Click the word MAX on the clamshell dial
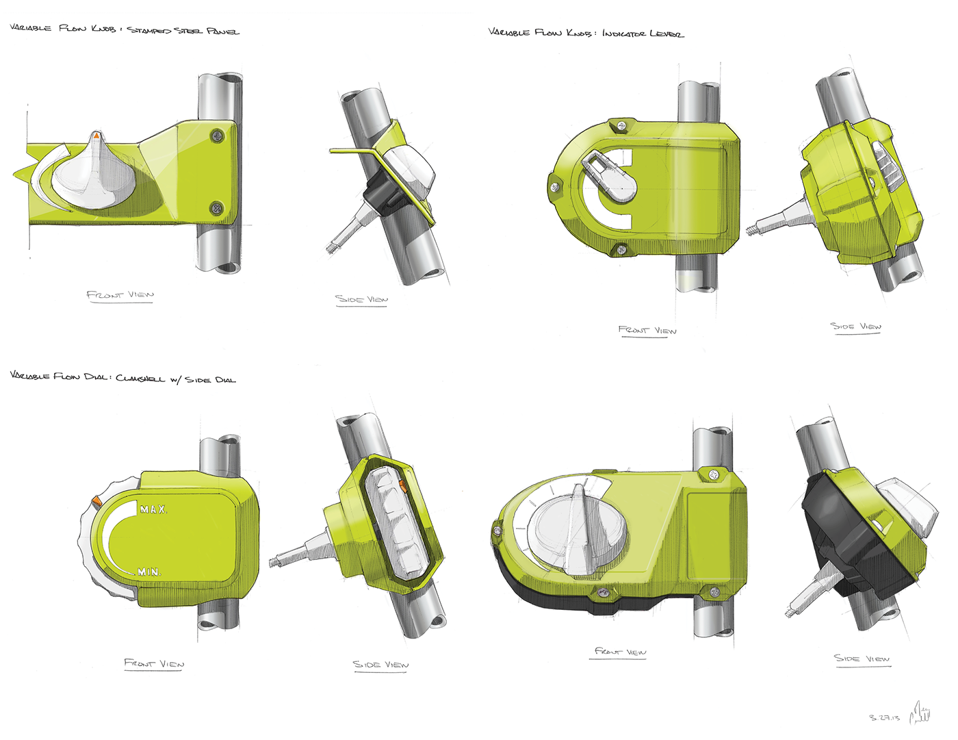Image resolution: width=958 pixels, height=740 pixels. [x=153, y=509]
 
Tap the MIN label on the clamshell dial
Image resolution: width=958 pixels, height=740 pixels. [x=149, y=572]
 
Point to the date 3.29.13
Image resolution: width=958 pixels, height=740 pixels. [x=884, y=718]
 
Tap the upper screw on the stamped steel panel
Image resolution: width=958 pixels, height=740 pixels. [x=217, y=135]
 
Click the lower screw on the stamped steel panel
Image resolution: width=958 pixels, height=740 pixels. [x=217, y=207]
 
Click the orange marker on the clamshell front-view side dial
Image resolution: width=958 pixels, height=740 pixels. [x=96, y=502]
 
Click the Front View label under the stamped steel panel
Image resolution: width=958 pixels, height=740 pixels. [x=120, y=295]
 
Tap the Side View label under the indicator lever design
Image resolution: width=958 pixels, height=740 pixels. [x=855, y=327]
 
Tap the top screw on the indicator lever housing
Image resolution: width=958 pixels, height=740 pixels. [x=621, y=125]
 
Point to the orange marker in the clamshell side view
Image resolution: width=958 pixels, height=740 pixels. [x=403, y=487]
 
